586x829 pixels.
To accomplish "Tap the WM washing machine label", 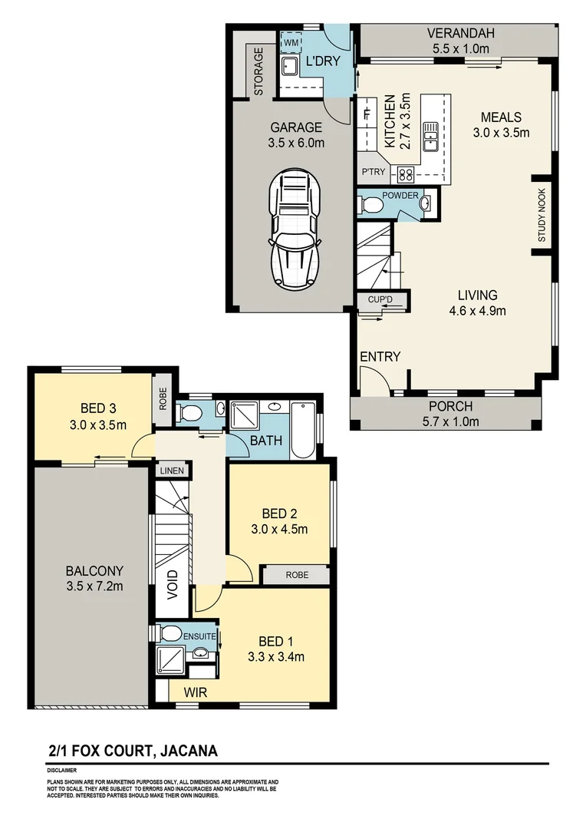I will coord(290,43).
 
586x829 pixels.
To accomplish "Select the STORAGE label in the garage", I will coord(258,71).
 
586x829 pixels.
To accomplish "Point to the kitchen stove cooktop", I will coord(404,173).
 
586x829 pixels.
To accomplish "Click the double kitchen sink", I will coord(431,135).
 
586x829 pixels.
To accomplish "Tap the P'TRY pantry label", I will coord(374,173).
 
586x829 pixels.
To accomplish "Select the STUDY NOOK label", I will coord(542,216).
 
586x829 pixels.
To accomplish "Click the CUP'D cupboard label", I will coord(380,299).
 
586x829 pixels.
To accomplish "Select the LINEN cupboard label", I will coord(170,470).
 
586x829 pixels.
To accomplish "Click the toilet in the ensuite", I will coord(170,634).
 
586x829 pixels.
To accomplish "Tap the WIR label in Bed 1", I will coord(194,692).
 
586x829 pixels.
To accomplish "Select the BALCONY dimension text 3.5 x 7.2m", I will coord(94,586).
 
